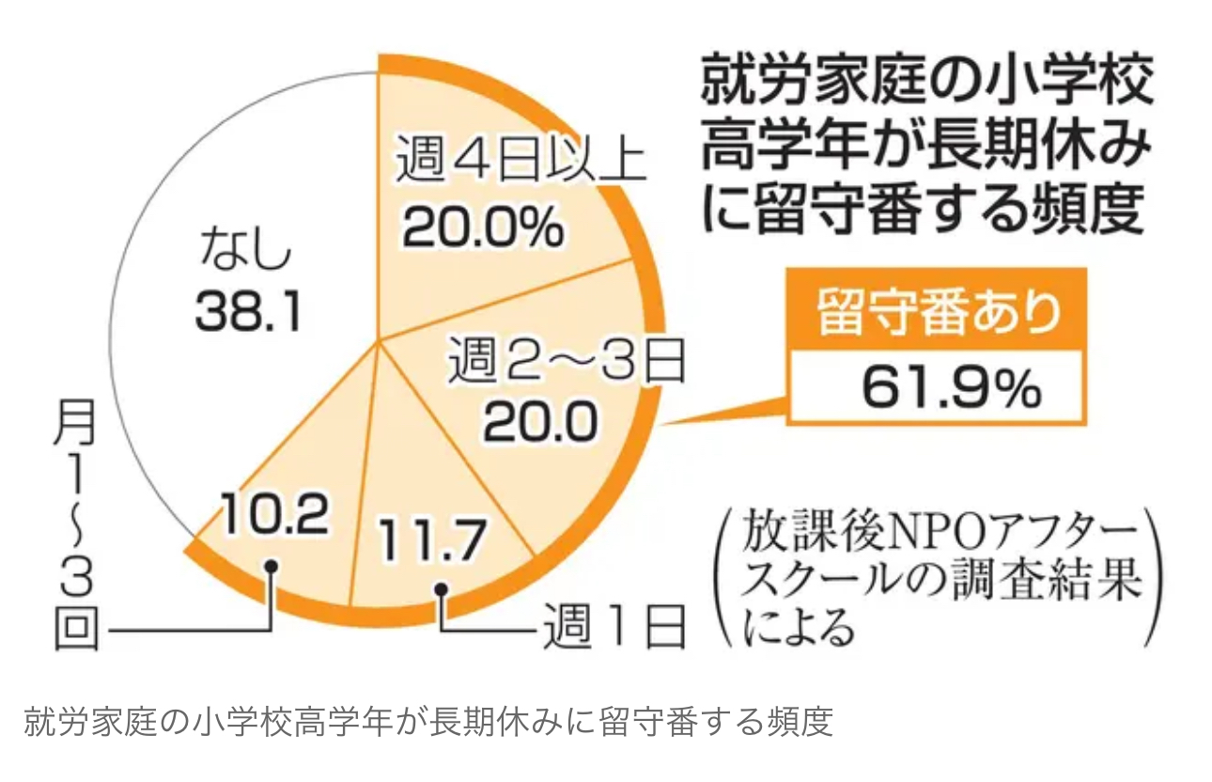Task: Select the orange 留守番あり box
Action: pos(937,317)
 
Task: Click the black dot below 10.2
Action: pos(272,567)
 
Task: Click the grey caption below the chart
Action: pos(427,724)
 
